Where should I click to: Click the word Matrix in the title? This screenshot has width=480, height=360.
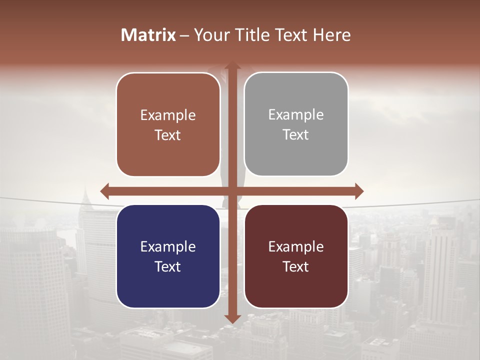[x=148, y=35]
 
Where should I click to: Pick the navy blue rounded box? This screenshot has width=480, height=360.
[x=168, y=285]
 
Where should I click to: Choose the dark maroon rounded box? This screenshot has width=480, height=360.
[x=296, y=285]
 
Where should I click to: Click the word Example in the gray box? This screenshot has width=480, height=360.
[x=296, y=115]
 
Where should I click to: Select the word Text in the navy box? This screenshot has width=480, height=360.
[x=168, y=266]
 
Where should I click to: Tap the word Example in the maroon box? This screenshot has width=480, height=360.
[x=296, y=246]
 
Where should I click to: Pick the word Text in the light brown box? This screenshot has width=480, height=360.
[x=168, y=135]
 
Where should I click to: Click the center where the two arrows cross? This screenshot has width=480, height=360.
[x=232, y=191]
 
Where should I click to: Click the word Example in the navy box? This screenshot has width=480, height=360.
[x=168, y=246]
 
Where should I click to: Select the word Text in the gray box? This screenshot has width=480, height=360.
[x=296, y=134]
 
